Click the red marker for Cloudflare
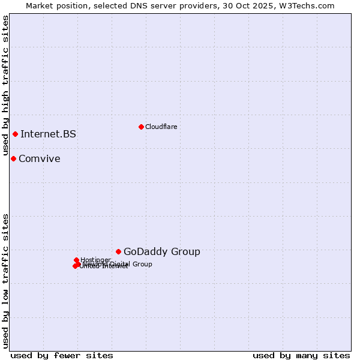coord(141,127)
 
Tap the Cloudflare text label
coord(161,127)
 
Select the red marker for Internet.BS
coord(15,134)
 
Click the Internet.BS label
coord(48,134)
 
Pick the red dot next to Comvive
coord(13,158)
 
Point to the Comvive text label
coord(39,158)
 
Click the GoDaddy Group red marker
coord(118,251)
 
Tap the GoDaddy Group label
coord(161,251)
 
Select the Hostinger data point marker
coord(76,260)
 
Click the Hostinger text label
coord(95,260)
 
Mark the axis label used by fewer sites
coord(62,355)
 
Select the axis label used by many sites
coord(301,355)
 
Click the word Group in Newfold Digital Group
coord(142,264)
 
